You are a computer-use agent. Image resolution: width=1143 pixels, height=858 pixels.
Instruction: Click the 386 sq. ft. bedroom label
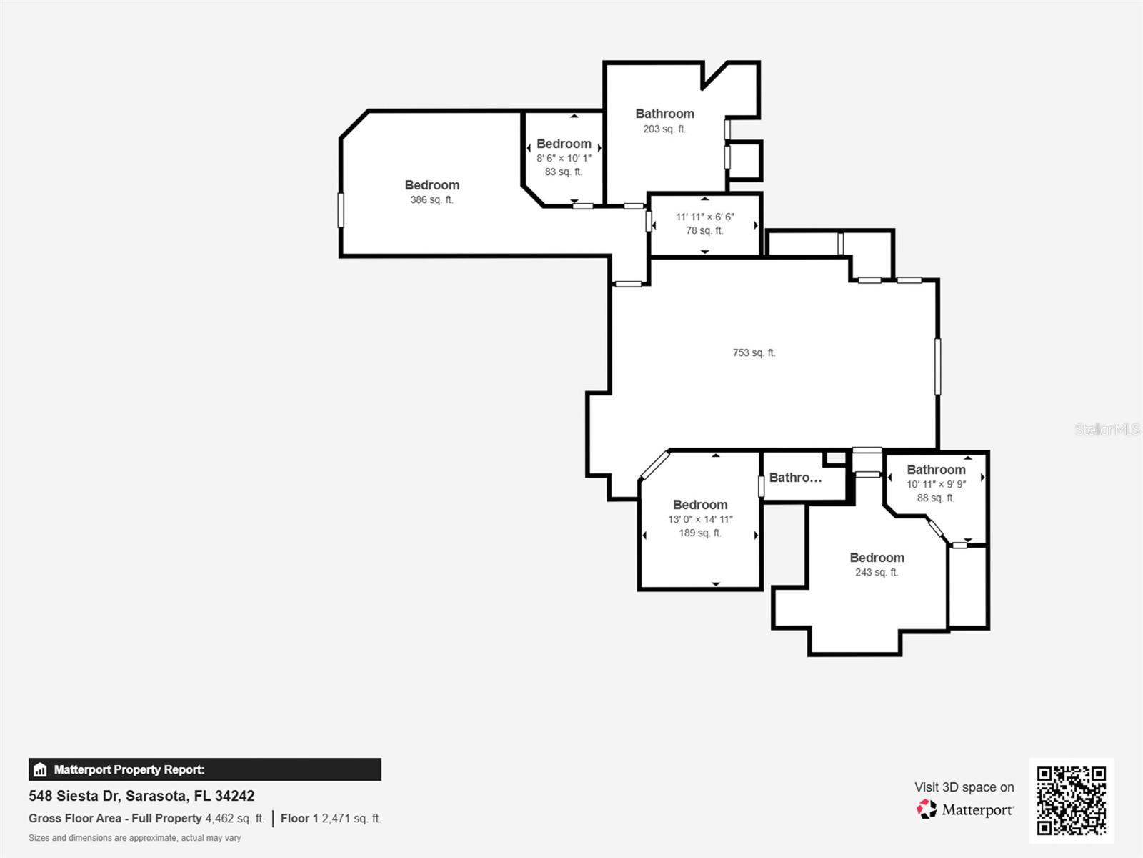(431, 185)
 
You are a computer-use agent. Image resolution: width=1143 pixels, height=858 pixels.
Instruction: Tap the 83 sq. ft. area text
(563, 172)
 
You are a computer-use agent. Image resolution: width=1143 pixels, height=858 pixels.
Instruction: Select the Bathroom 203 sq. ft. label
(664, 114)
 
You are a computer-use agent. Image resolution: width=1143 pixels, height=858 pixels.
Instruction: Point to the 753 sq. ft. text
(754, 352)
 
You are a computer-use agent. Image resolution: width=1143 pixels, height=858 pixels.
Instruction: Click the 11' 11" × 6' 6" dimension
(705, 217)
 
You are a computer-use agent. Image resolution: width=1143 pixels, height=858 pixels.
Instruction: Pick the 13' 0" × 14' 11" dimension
(700, 520)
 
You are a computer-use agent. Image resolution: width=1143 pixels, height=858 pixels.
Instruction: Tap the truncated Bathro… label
(795, 478)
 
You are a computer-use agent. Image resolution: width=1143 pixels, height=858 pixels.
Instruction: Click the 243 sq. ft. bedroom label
(877, 558)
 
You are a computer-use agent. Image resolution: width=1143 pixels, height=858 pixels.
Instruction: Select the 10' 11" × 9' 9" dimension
(936, 484)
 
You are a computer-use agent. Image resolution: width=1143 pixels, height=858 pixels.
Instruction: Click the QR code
(1071, 801)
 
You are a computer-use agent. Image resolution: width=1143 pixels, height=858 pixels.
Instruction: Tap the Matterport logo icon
(927, 809)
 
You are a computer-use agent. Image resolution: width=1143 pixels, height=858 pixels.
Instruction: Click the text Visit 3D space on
(964, 787)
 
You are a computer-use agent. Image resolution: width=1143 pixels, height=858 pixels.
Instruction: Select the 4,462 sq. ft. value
(234, 819)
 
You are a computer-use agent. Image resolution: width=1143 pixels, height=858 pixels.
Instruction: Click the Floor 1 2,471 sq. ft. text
(331, 819)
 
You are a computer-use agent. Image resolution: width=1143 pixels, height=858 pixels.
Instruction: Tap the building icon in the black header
(40, 770)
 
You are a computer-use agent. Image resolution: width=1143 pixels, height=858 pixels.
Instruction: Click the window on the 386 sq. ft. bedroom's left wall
(341, 210)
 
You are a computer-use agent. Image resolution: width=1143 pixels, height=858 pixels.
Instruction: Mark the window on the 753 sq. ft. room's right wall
(938, 366)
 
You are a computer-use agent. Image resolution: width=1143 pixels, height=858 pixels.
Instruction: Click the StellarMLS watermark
(1107, 429)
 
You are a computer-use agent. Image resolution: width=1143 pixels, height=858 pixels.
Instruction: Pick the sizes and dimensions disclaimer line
(134, 838)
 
